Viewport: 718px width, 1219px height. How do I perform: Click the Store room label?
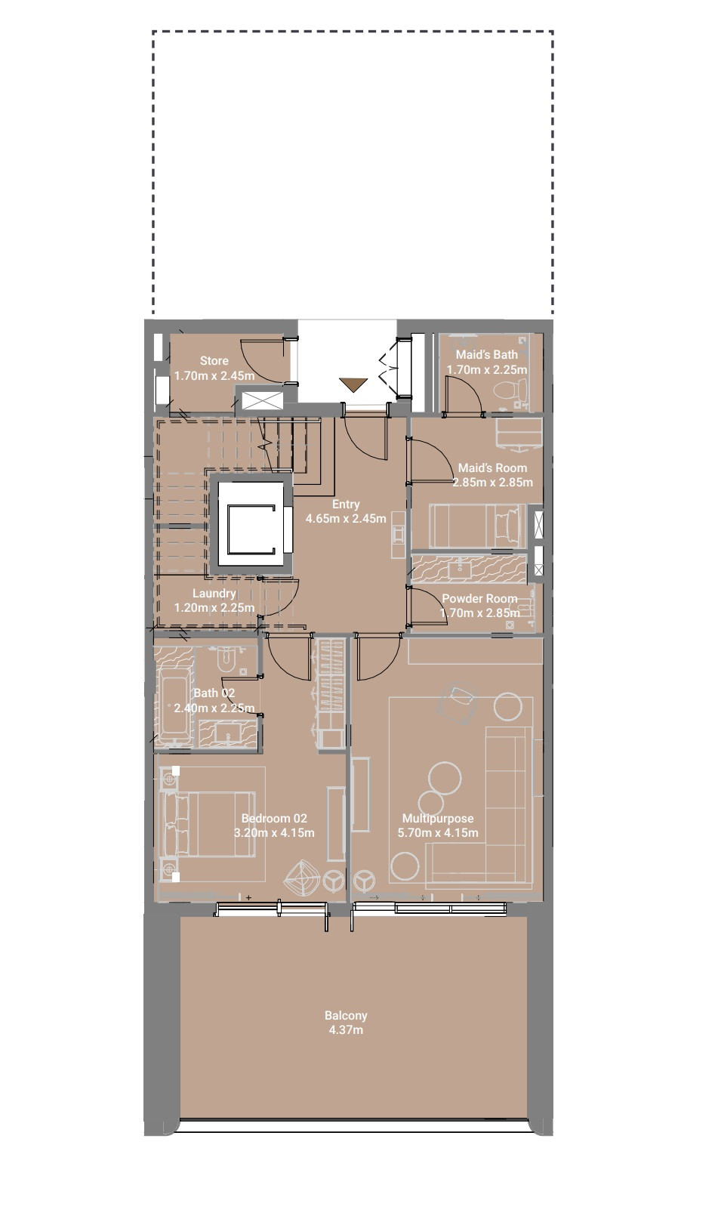[x=214, y=361]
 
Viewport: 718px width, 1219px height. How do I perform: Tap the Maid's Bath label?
[x=487, y=355]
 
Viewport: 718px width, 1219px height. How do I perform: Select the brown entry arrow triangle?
[x=353, y=384]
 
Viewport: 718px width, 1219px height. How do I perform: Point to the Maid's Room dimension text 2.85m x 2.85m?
[x=493, y=482]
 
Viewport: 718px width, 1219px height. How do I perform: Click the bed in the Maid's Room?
[x=477, y=526]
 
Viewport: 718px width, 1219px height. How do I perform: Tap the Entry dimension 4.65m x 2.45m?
[x=346, y=519]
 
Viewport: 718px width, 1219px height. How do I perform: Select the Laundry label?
[x=214, y=594]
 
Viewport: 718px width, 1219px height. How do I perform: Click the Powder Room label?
[x=479, y=599]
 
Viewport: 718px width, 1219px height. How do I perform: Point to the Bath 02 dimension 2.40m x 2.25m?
[x=214, y=708]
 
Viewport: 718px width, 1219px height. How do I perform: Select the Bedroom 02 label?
[x=274, y=819]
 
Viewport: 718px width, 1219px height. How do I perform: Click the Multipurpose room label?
[x=438, y=819]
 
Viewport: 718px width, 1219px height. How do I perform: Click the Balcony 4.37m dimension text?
[x=346, y=1029]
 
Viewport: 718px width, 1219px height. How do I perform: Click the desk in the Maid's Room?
[x=519, y=434]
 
